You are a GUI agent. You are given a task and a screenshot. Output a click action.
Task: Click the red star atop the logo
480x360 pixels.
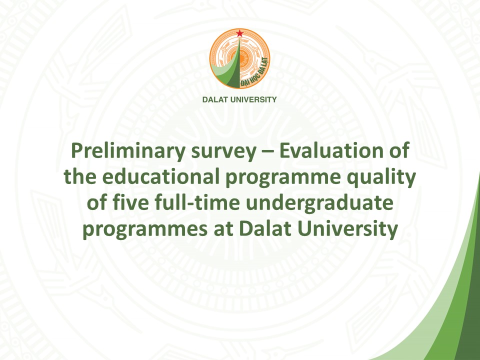[239, 33]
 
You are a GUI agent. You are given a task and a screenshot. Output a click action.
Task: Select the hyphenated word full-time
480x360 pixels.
[197, 202]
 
